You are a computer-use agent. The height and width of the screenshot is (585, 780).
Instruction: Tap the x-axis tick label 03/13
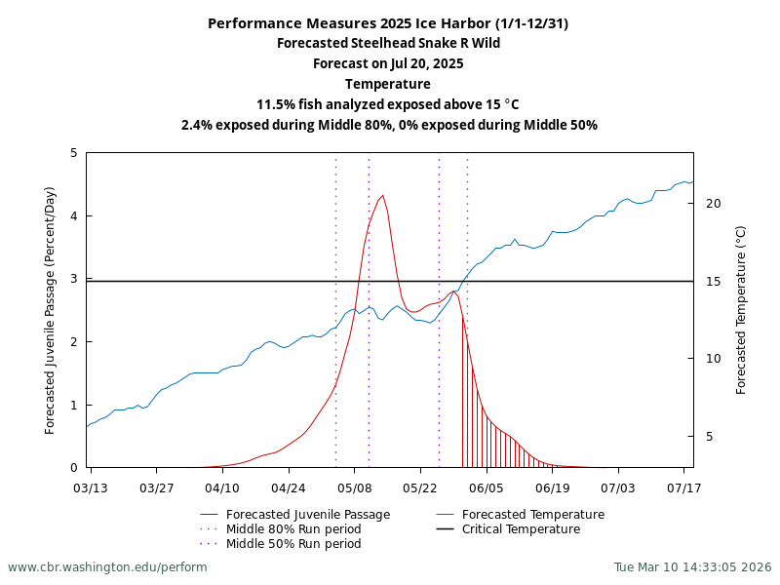pos(91,487)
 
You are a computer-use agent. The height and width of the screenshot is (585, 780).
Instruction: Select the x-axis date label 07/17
pos(683,487)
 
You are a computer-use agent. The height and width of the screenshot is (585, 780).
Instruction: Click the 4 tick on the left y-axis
pos(74,216)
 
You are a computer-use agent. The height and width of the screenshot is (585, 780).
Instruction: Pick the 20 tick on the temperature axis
pos(713,203)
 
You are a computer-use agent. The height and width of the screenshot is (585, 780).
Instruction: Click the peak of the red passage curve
pos(382,195)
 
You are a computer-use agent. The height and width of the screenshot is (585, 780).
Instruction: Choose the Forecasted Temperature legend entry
pos(532,515)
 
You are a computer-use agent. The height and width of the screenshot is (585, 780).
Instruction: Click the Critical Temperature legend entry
pos(521,529)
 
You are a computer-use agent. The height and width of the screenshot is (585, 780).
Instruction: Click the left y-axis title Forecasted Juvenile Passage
pos(51,310)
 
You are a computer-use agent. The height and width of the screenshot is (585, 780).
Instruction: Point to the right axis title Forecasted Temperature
pos(741,310)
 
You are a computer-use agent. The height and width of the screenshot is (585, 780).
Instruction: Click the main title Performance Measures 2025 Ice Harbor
pos(388,23)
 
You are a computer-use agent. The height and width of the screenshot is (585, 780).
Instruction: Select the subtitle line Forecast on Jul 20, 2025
pos(388,64)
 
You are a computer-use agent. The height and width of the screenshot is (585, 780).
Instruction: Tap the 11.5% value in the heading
pos(276,104)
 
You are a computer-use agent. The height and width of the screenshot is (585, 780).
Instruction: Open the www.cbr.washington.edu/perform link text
pos(107,567)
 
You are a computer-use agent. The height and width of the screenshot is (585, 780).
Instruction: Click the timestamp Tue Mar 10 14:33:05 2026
pos(692,567)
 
